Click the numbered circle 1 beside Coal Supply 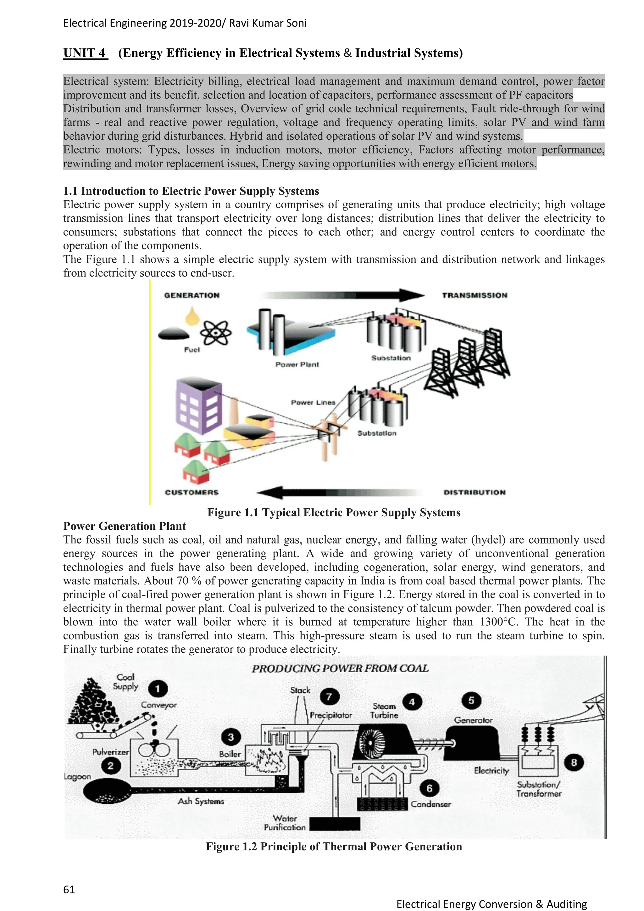click(158, 688)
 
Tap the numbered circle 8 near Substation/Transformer click(574, 762)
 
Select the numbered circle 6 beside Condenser click(429, 788)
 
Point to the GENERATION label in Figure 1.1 click(192, 295)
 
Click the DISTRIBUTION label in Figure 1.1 click(474, 492)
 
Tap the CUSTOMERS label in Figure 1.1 click(192, 492)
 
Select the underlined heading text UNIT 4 click(85, 53)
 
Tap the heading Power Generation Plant click(125, 526)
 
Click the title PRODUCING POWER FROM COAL click(340, 668)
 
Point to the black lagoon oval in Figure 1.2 click(108, 791)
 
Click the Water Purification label click(285, 823)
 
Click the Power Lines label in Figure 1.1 click(313, 402)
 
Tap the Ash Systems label click(201, 801)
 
